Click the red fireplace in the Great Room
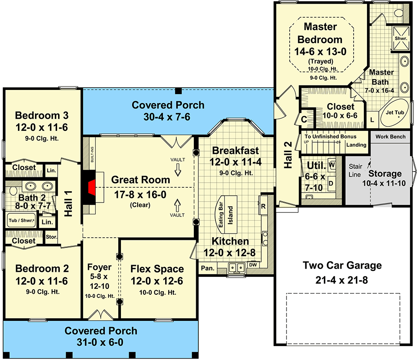point(92,188)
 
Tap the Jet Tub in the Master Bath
point(395,113)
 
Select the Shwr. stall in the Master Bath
point(401,38)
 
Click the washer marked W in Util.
point(332,165)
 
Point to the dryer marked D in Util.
point(332,183)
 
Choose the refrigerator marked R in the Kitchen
point(263,205)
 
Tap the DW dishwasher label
point(253,265)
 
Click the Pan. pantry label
point(208,268)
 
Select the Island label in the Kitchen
point(230,216)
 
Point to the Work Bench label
point(390,137)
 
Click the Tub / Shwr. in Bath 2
point(21,220)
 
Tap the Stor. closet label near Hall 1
point(51,237)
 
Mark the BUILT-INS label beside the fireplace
point(92,155)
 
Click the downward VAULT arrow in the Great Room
point(178,170)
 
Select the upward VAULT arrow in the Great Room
point(177,206)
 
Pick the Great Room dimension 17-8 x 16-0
point(140,194)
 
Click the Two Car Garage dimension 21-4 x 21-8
point(342,280)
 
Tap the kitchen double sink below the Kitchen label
point(236,268)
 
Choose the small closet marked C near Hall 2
point(304,119)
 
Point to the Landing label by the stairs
point(356,145)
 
